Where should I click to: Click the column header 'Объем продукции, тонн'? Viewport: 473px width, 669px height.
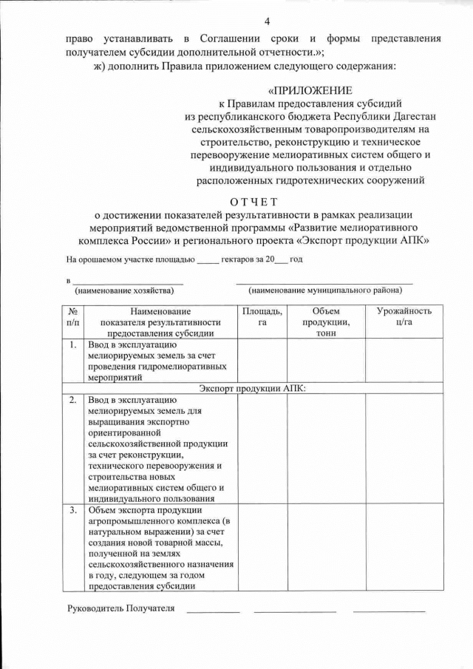(326, 322)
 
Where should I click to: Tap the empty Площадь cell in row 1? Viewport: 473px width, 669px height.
(262, 360)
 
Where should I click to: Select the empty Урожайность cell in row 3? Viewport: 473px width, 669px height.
(404, 548)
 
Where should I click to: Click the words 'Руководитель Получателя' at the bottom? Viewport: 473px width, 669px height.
(120, 608)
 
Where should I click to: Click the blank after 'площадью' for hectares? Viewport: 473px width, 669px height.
(208, 260)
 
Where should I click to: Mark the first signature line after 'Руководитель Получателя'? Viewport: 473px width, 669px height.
(213, 611)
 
